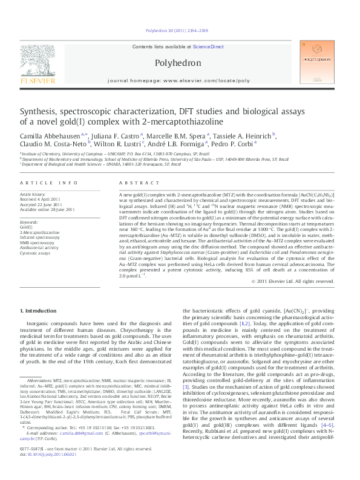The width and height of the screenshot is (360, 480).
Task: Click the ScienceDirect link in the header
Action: point(208,47)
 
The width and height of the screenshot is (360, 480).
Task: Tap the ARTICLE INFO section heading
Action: point(48,183)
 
